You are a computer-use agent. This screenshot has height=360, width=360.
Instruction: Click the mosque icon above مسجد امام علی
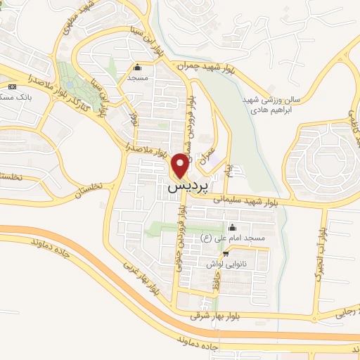tap(233, 227)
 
